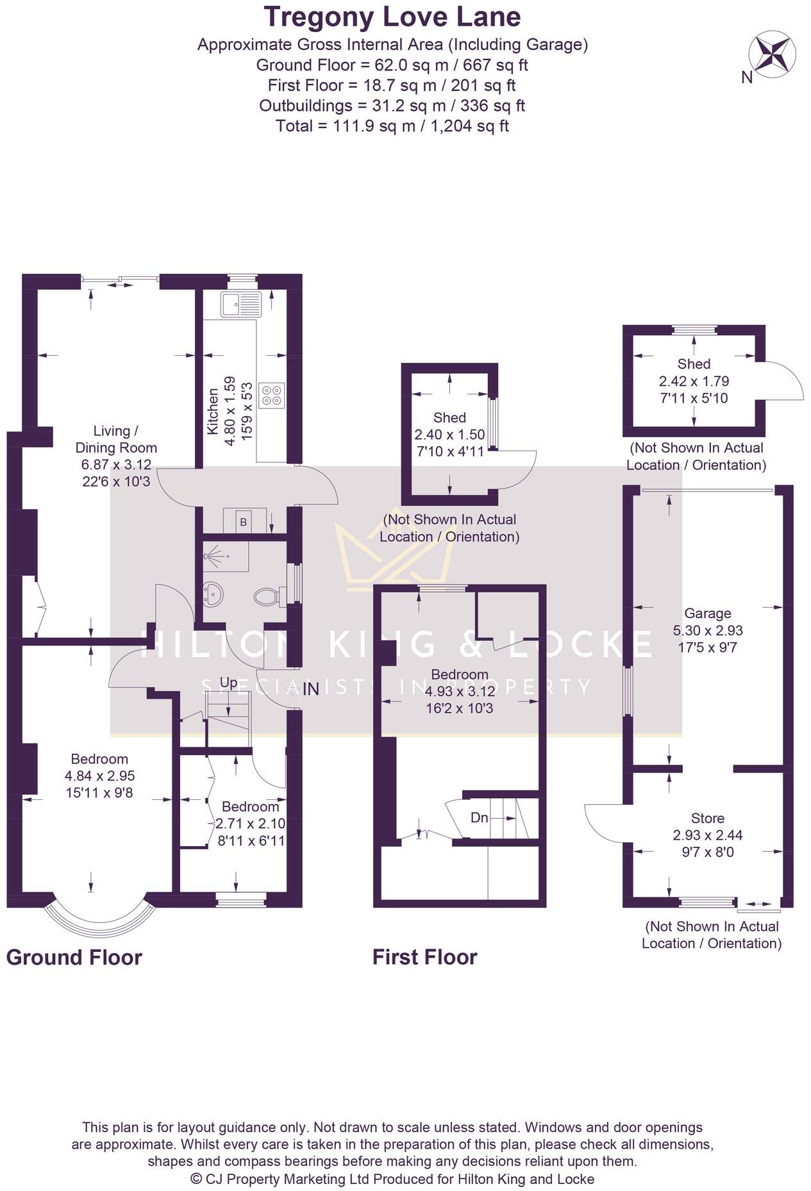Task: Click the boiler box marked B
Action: point(244,522)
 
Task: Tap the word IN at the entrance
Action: point(311,689)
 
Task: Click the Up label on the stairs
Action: point(228,683)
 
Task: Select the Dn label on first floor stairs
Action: point(480,817)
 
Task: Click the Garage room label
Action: point(707,613)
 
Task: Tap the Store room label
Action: point(708,818)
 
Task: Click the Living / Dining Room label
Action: point(116,439)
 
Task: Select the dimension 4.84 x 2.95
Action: point(99,776)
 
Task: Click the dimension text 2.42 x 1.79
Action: point(694,381)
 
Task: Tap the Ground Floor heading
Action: point(74,957)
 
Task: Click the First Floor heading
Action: point(425,957)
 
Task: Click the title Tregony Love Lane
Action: point(392,17)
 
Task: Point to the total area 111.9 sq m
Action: point(392,126)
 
